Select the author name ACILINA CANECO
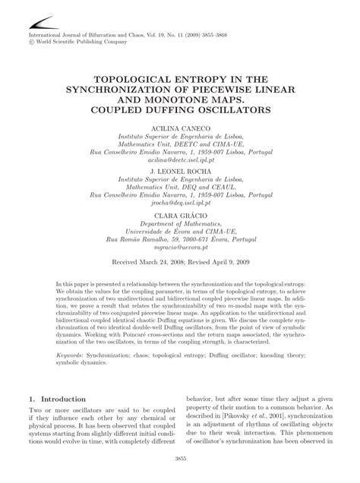(181, 130)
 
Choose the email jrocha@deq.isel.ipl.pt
(181, 202)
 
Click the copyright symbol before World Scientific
(31, 43)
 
